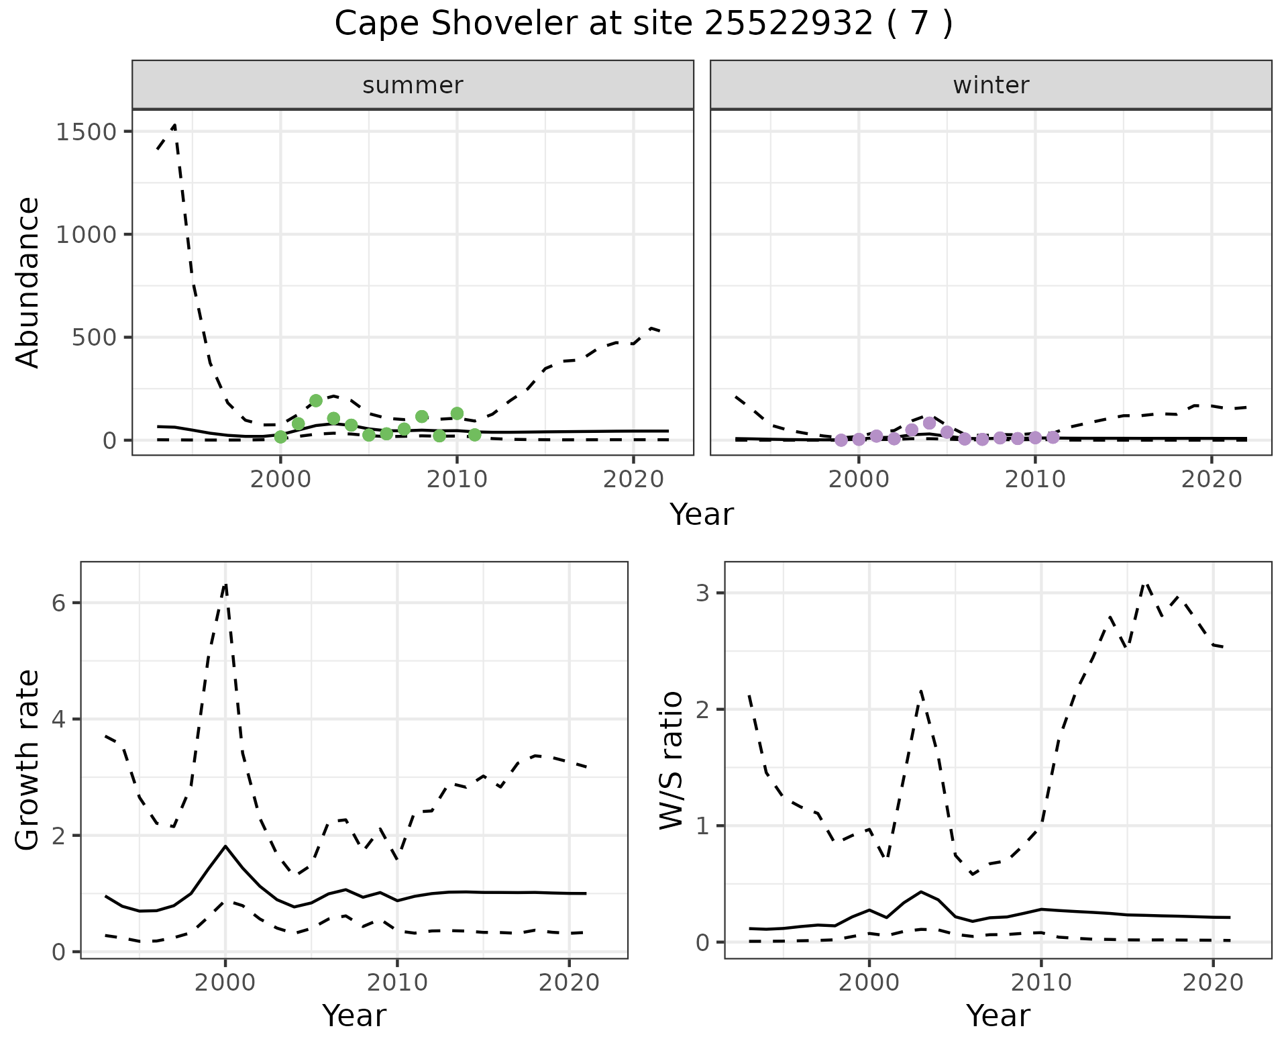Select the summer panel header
(413, 85)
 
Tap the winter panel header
(991, 85)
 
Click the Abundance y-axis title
(28, 282)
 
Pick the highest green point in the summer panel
(316, 401)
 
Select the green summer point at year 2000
(280, 437)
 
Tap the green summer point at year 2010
(457, 413)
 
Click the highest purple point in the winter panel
(929, 423)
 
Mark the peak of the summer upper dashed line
(174, 125)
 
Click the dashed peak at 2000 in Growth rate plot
(225, 584)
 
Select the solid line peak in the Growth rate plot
(225, 846)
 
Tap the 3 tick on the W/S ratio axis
(702, 593)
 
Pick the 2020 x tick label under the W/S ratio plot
(1213, 983)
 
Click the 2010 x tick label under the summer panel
(457, 480)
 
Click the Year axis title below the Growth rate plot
(354, 1016)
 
